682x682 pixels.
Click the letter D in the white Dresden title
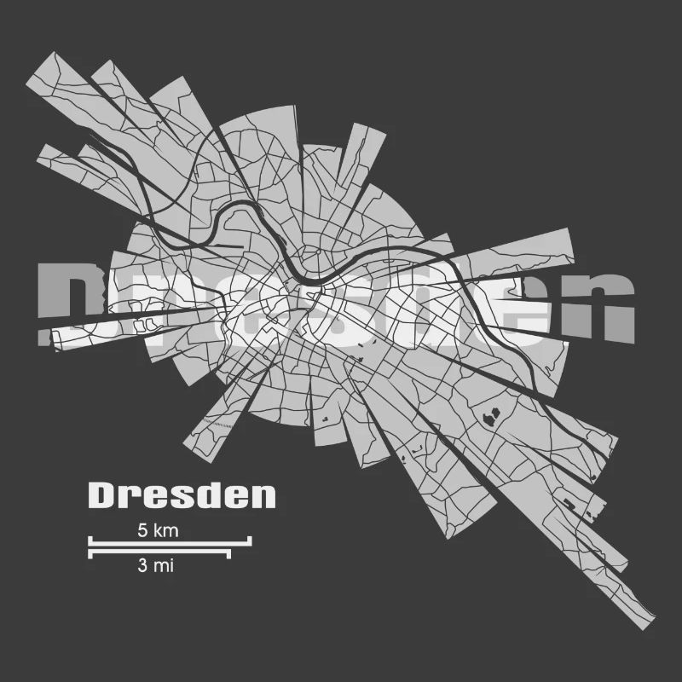101,495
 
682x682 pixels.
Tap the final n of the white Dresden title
263,495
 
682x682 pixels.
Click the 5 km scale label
158,530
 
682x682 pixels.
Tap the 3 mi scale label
154,564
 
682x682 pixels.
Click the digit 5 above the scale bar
142,530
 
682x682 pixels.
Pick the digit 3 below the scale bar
142,564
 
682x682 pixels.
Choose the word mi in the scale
164,564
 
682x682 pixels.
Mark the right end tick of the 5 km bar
250,539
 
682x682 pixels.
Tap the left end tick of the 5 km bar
90,539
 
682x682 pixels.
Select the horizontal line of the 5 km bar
170,540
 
